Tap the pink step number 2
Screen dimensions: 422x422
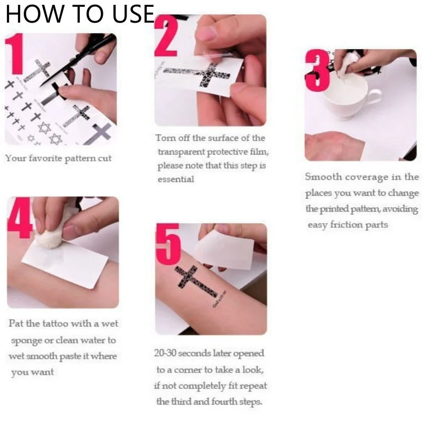click(166, 36)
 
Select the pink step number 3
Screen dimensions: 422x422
click(318, 71)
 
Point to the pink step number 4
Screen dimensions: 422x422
click(20, 218)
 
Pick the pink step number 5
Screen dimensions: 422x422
click(168, 244)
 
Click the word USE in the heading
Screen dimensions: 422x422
click(133, 14)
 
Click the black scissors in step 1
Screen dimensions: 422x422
click(81, 59)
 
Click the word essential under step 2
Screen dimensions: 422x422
click(176, 179)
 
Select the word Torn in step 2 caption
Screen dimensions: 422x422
click(165, 138)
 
